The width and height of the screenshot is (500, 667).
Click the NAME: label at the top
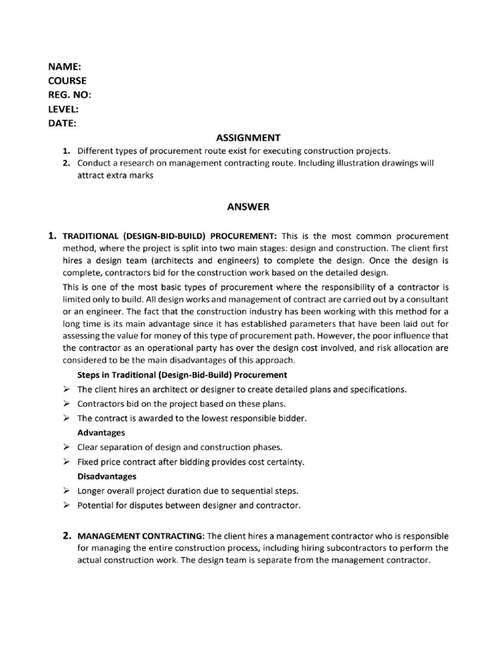[x=64, y=67]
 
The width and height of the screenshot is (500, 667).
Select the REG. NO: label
[x=70, y=95]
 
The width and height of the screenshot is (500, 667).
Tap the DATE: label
[x=62, y=123]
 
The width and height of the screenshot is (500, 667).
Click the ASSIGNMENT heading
[x=248, y=137]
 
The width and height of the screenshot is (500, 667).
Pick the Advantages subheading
[x=101, y=433]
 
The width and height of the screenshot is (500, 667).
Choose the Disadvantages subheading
[x=107, y=476]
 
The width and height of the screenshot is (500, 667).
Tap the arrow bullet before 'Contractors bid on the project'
[x=66, y=404]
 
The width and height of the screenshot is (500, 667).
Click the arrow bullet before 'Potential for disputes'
[x=66, y=505]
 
